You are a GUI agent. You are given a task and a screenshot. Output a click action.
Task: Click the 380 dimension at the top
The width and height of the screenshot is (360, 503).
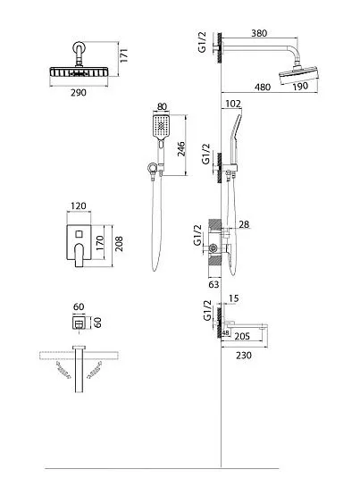point(259,33)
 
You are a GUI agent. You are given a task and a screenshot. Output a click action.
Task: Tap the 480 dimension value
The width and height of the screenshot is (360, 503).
point(263,87)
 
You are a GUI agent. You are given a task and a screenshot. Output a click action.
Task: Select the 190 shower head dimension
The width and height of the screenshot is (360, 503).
point(300,87)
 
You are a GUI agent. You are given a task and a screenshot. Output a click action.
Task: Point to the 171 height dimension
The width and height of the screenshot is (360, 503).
point(124,54)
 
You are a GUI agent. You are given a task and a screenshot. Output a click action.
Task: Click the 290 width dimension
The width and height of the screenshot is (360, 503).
point(79,93)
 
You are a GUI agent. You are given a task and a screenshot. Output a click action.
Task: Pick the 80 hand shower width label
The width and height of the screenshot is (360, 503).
point(162,106)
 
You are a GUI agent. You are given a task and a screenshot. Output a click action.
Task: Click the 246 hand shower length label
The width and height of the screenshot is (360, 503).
point(181,149)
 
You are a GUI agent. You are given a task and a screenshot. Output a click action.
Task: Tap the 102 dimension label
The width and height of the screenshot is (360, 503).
point(233,104)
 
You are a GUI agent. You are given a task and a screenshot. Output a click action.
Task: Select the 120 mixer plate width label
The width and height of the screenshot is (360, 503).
point(79,205)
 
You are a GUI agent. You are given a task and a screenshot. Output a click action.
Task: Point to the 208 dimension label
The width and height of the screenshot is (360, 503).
point(119,244)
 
